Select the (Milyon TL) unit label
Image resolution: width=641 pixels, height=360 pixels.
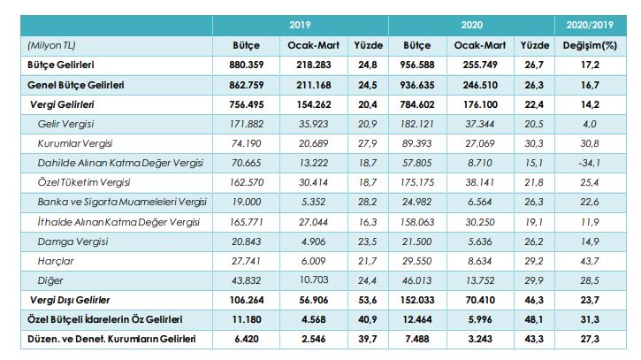point(51,43)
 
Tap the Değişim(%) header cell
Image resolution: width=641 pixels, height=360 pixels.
point(590,43)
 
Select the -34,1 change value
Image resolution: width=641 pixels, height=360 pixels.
point(590,162)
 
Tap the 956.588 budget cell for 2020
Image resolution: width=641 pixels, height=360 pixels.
point(416,64)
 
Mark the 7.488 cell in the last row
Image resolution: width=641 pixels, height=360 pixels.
point(416,339)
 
